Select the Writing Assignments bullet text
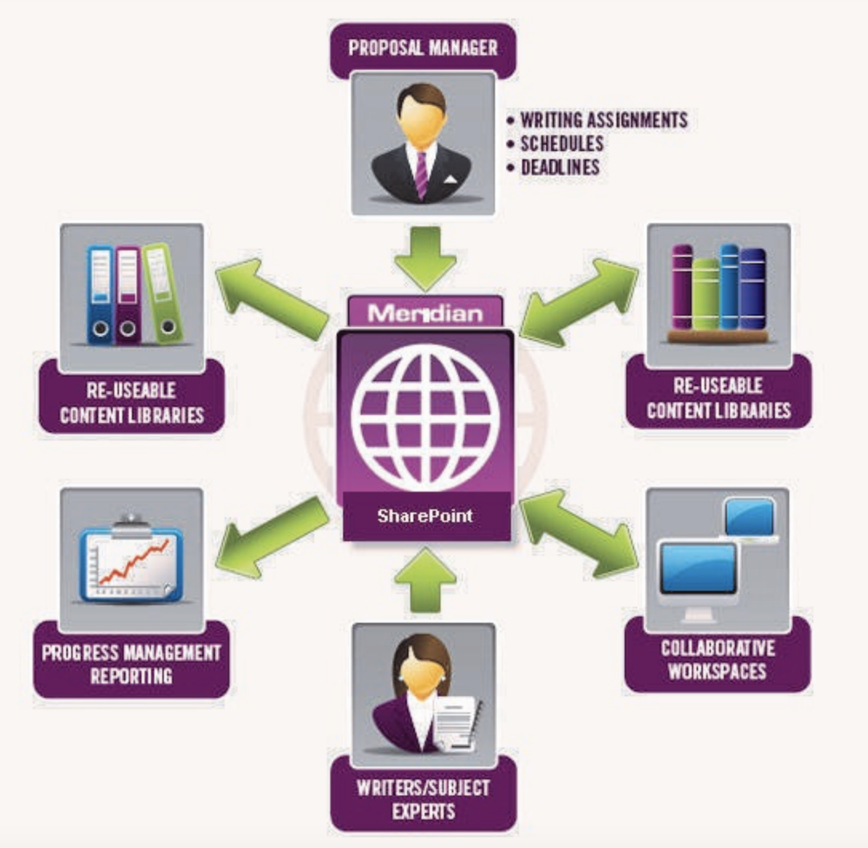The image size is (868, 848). coord(604,120)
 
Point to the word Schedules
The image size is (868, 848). coord(562,143)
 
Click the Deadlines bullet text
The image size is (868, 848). coord(560,167)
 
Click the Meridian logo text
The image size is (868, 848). coord(424,312)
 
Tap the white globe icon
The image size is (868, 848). coord(424,417)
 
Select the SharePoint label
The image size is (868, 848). coord(424,515)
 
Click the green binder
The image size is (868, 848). coord(162,293)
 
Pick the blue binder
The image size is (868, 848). coord(100,295)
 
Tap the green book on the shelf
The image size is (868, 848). coord(706,292)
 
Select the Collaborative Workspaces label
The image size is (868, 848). coord(717,660)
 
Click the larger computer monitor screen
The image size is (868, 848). coord(698,569)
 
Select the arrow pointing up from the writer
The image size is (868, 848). coord(425,580)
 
